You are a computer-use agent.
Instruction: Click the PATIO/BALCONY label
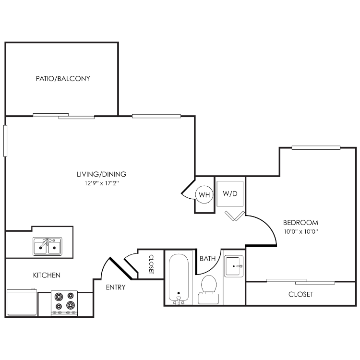tap(63, 79)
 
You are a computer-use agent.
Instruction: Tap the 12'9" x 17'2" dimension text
tap(102, 183)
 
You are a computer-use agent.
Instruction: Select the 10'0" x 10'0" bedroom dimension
tap(301, 232)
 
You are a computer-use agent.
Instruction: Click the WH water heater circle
tap(204, 195)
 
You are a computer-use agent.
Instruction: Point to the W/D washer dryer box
tap(230, 193)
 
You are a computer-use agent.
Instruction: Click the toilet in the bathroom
tap(208, 290)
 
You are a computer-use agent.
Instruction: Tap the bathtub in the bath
tap(179, 279)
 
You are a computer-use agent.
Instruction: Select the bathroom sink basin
tap(233, 266)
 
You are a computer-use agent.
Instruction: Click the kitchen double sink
tap(48, 246)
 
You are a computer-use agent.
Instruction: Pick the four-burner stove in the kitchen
tap(64, 303)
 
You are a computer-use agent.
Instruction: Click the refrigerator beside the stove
tap(22, 302)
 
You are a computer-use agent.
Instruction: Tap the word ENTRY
tap(116, 287)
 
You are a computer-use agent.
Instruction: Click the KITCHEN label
tap(47, 275)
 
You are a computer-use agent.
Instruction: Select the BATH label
tap(207, 259)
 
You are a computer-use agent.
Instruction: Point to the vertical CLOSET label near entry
tap(151, 264)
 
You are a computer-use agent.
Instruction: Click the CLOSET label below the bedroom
tap(301, 294)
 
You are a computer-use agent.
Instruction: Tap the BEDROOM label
tap(301, 222)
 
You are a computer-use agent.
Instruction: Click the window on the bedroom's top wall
tap(316, 147)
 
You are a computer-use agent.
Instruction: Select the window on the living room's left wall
tap(5, 141)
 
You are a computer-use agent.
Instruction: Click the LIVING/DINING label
tap(101, 174)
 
